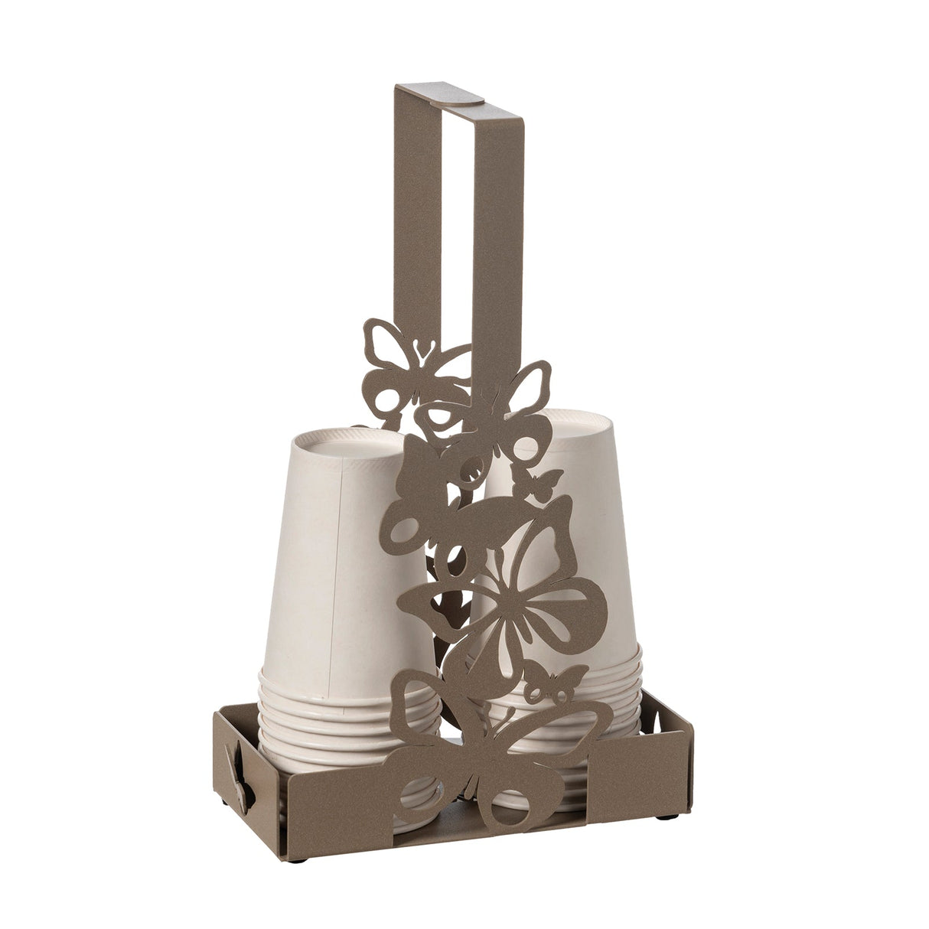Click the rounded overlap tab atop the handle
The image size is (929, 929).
coord(465,96)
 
